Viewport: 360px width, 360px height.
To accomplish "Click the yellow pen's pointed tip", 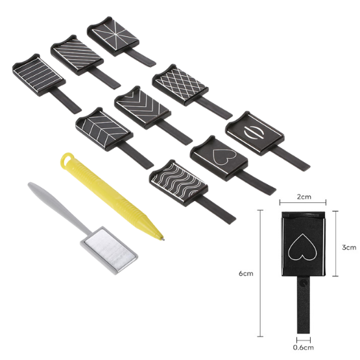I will click(161, 238).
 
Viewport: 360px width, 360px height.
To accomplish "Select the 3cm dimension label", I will click(349, 247).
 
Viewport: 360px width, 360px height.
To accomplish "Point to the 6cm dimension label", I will click(246, 273).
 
